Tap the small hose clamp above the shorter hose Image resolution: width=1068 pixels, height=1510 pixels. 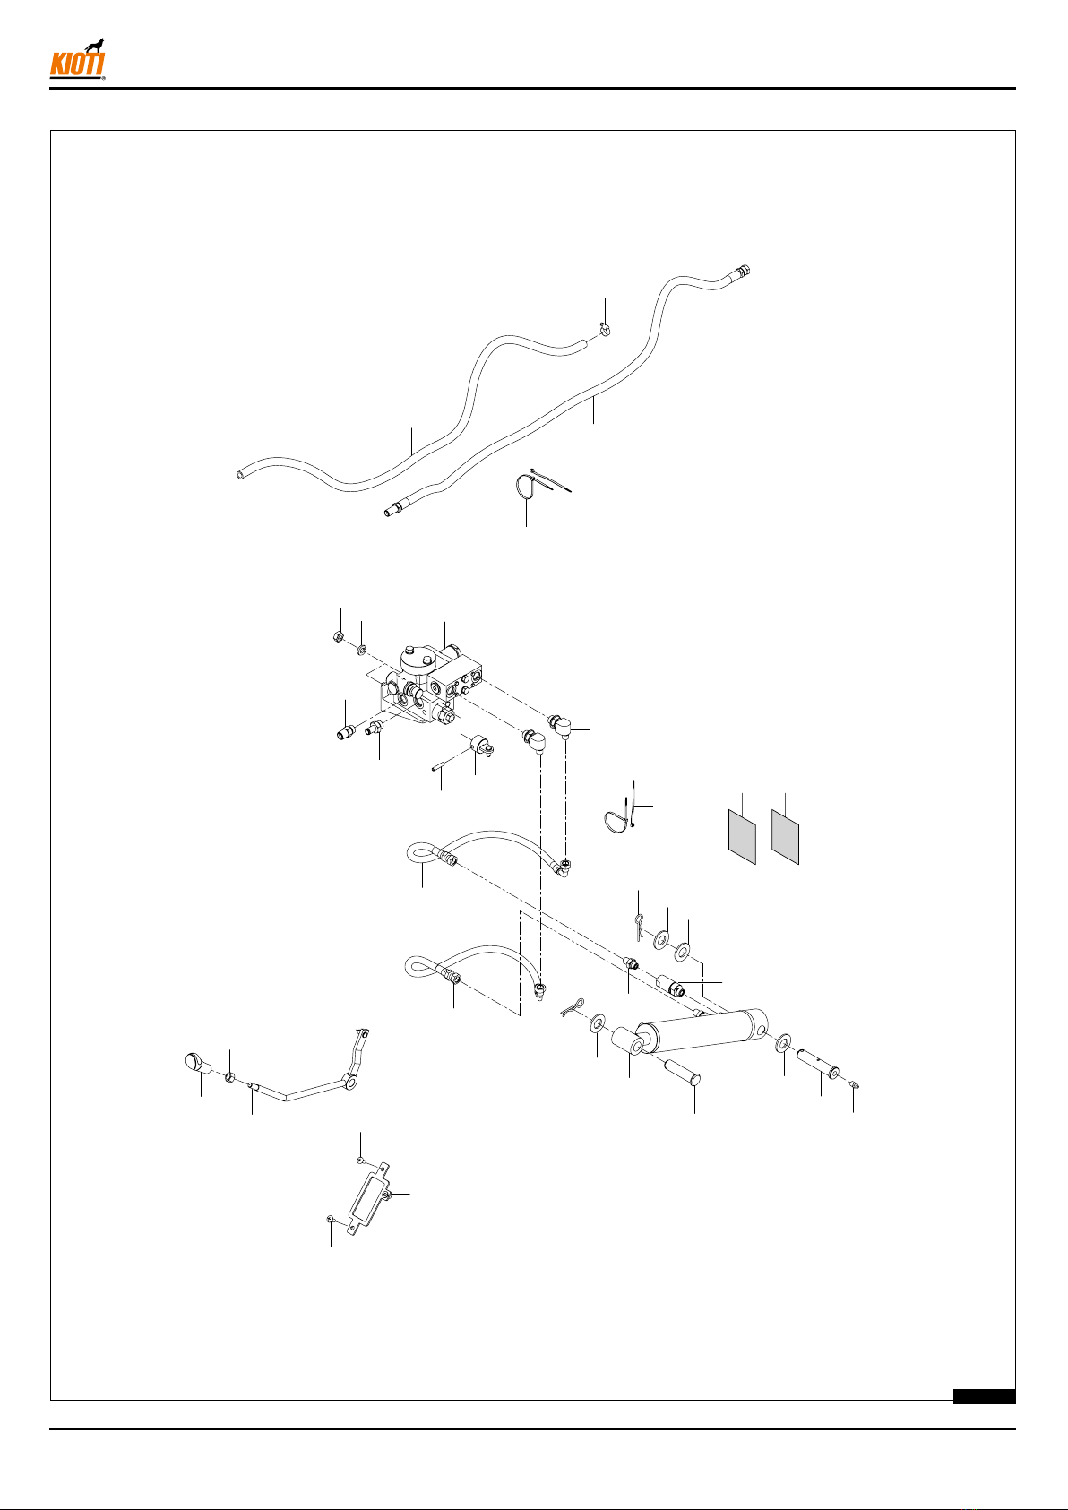click(x=605, y=330)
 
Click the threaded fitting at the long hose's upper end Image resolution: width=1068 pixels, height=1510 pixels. click(x=741, y=272)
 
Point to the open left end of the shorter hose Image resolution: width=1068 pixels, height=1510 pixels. click(x=240, y=475)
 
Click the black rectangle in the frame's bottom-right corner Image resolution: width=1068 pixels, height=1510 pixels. click(x=984, y=1396)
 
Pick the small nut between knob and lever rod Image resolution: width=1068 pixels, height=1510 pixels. click(x=229, y=1076)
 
